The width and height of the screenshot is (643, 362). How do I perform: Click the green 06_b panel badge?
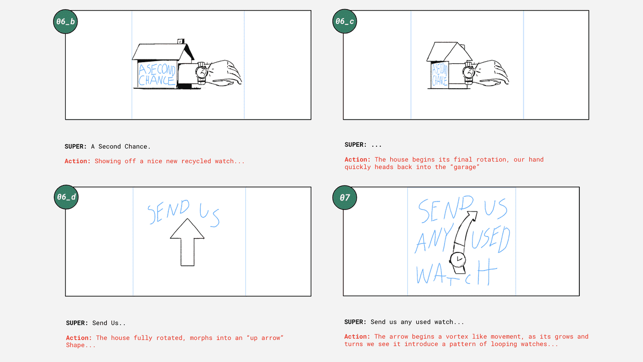coord(65,22)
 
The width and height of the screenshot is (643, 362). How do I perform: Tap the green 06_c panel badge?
coord(345,21)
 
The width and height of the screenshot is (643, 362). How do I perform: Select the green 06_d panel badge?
coord(66,197)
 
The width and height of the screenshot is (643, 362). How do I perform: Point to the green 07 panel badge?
coord(345,198)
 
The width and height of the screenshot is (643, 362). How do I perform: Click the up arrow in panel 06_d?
coord(187,242)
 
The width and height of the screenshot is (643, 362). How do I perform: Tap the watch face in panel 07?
coord(458,259)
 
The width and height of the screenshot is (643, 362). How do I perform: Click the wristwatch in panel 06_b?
coord(202,73)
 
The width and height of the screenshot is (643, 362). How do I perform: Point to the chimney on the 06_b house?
coord(181,41)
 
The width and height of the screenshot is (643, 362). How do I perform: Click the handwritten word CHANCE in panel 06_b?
coord(157,80)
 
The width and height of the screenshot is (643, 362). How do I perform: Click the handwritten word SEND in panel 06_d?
coord(168,212)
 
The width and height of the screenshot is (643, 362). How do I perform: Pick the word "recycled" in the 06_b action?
coord(196,161)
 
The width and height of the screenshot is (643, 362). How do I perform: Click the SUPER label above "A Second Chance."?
coord(75,146)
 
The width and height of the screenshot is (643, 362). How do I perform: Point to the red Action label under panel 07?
coord(357,336)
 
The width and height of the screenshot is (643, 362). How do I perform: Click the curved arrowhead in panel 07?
coord(472,215)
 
